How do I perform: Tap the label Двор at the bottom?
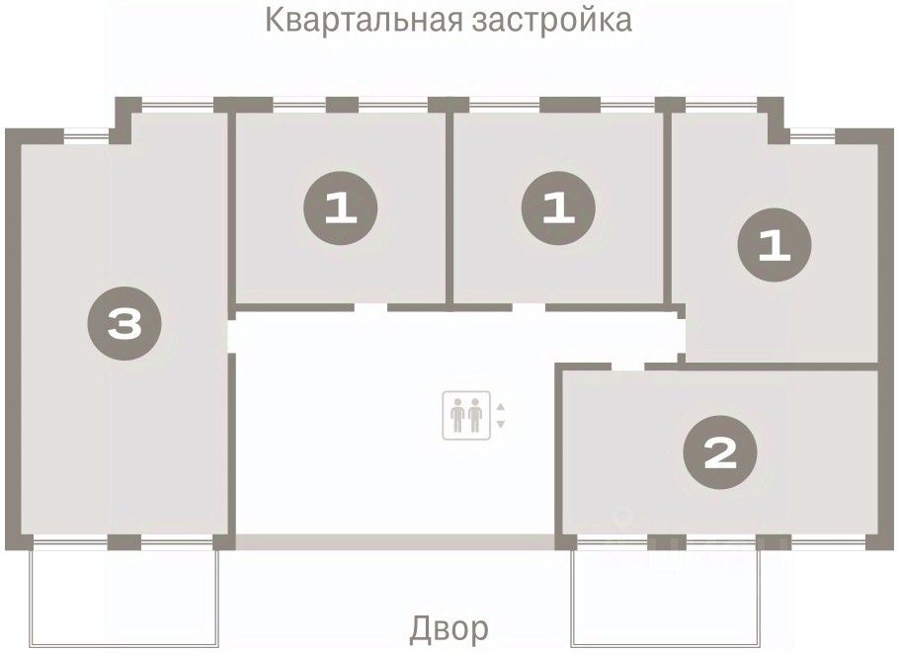(x=449, y=627)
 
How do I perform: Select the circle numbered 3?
(x=124, y=323)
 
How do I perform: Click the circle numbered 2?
(x=721, y=453)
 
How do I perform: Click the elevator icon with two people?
(x=465, y=415)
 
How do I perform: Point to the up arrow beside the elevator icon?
(x=500, y=407)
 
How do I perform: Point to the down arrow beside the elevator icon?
(x=500, y=424)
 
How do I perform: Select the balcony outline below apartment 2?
(x=668, y=593)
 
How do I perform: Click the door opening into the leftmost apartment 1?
(x=370, y=307)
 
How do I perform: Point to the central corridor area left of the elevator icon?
(x=336, y=425)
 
